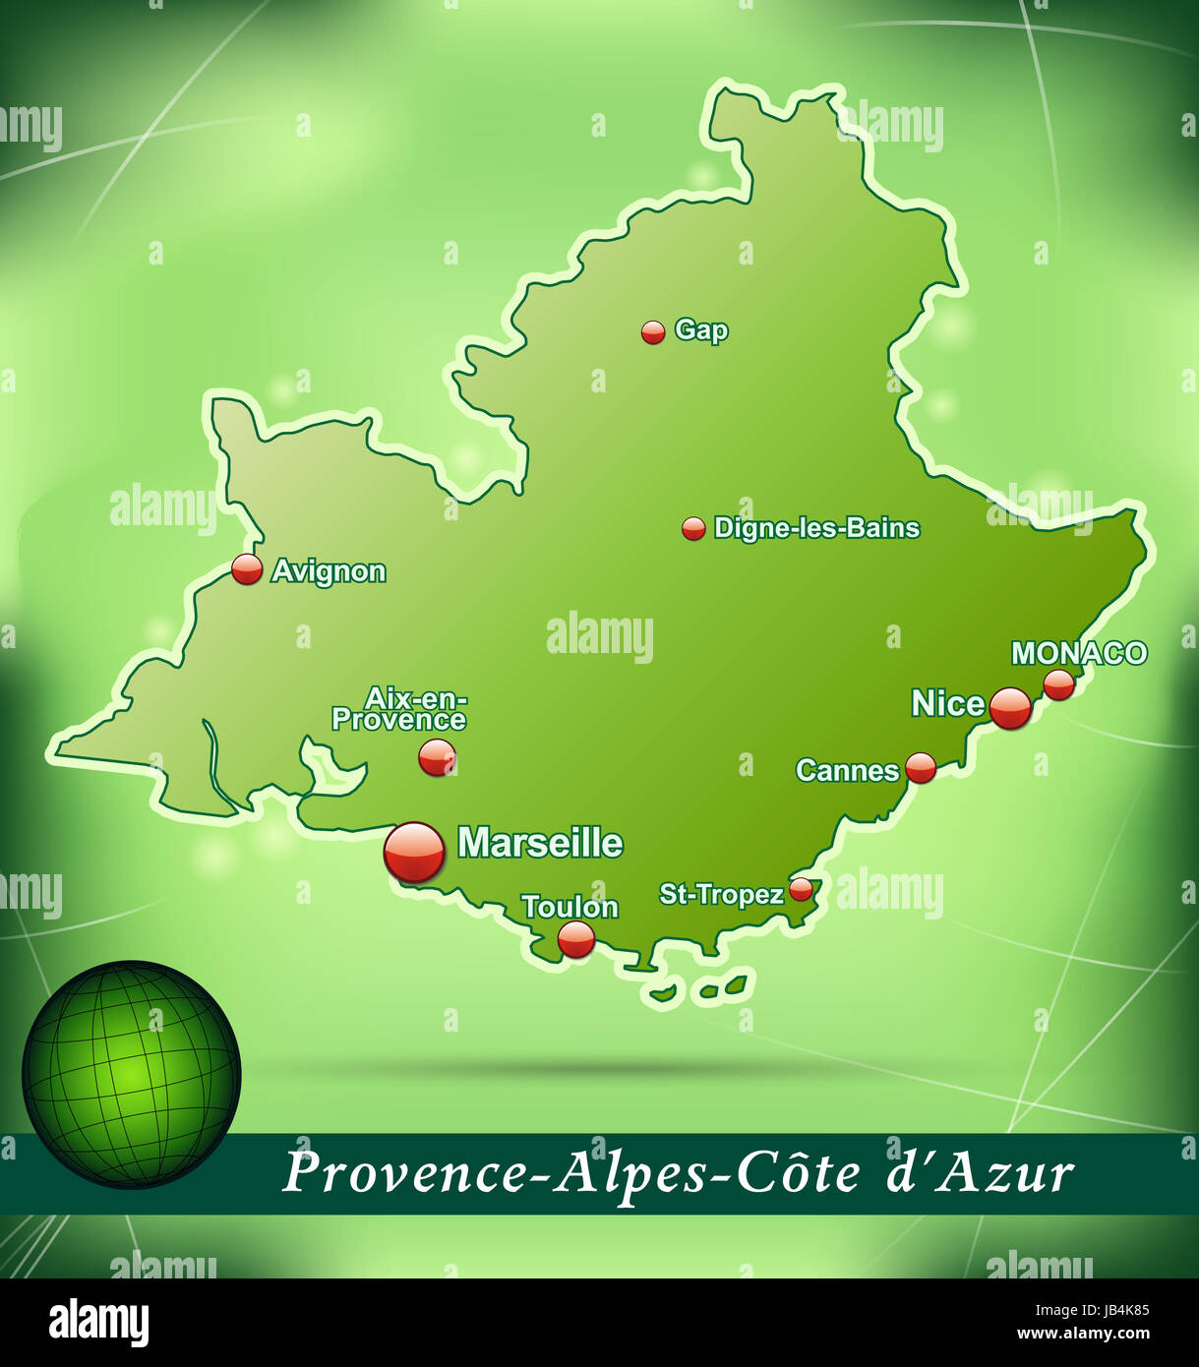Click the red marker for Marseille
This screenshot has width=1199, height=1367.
click(414, 852)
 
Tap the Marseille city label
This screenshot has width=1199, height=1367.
click(540, 843)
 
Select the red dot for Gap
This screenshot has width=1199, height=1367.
click(653, 332)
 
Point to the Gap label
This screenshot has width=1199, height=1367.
click(701, 330)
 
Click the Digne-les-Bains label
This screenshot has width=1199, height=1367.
click(816, 528)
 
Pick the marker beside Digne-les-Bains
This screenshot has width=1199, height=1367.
click(693, 529)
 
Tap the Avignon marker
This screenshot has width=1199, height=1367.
click(247, 569)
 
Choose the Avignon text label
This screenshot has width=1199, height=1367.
click(329, 571)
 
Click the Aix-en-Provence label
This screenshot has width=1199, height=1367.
click(399, 709)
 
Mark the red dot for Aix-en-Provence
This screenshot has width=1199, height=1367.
click(437, 757)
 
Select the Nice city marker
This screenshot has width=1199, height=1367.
click(1010, 708)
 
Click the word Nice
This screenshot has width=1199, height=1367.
click(947, 703)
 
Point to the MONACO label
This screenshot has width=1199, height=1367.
click(1079, 653)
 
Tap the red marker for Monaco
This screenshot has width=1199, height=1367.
click(1058, 684)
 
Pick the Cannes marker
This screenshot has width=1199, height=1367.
click(921, 767)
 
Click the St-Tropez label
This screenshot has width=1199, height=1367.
click(721, 894)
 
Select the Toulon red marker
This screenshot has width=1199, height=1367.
click(576, 939)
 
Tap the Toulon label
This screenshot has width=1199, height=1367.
click(570, 907)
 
